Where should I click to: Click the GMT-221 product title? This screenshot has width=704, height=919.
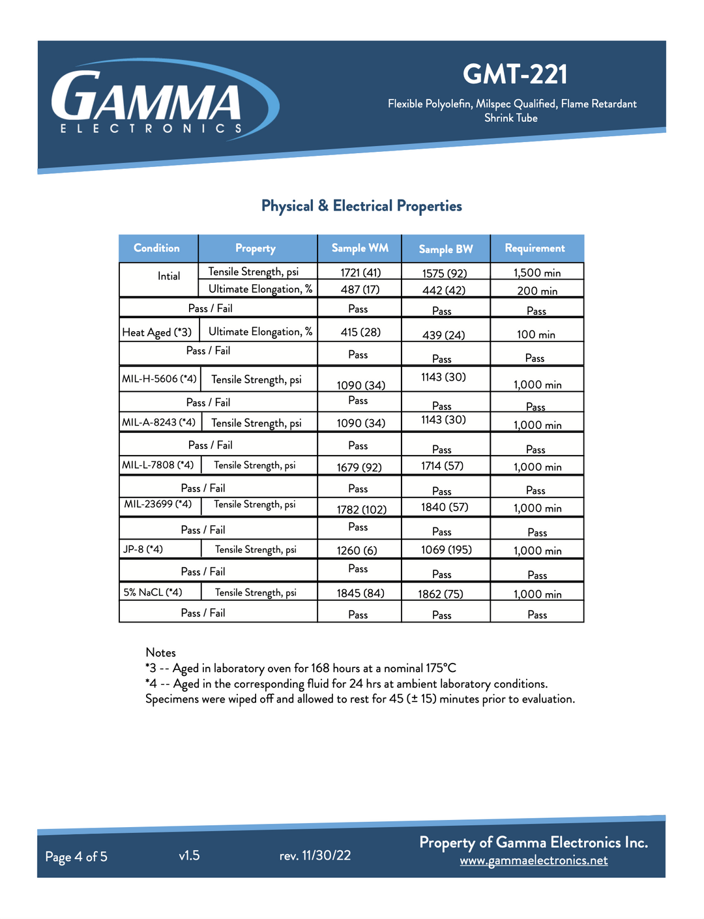(515, 74)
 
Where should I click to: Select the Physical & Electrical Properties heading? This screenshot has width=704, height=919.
(361, 206)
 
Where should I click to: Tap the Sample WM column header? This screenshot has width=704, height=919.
(360, 248)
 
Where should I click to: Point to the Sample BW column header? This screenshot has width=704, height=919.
(446, 249)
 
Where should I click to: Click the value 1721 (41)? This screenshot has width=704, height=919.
(360, 272)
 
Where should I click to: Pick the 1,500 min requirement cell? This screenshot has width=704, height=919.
(536, 273)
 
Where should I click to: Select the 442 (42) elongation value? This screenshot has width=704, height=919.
(445, 291)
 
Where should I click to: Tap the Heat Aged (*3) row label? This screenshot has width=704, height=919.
(157, 332)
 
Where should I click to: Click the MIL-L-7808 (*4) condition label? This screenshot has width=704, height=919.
(158, 465)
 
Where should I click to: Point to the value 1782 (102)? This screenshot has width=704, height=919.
(361, 510)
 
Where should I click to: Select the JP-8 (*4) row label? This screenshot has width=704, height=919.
(143, 549)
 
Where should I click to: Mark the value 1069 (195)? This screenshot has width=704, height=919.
(446, 550)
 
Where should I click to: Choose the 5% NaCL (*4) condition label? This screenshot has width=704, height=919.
(153, 592)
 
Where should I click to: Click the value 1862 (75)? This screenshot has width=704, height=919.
(441, 594)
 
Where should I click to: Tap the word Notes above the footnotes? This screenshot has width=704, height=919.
(160, 652)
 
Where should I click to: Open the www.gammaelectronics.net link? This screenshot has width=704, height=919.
(533, 860)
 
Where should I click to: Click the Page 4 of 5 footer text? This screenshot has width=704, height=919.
(76, 856)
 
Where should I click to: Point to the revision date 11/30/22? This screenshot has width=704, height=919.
(326, 856)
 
